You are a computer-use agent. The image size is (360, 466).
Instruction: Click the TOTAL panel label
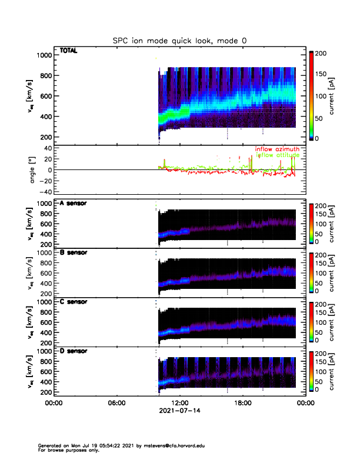69,51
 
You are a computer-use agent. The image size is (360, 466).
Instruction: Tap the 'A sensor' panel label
74,204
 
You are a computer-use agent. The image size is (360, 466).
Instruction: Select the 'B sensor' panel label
74,252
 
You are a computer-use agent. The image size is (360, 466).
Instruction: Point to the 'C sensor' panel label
74,302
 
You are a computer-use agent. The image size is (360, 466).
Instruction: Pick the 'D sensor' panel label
74,351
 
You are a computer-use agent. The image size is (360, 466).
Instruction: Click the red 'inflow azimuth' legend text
277,149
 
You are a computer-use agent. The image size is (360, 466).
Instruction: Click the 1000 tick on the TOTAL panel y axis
44,55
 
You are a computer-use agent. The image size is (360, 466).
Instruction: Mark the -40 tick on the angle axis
44,192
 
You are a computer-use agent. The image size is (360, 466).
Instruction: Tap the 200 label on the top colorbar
322,53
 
